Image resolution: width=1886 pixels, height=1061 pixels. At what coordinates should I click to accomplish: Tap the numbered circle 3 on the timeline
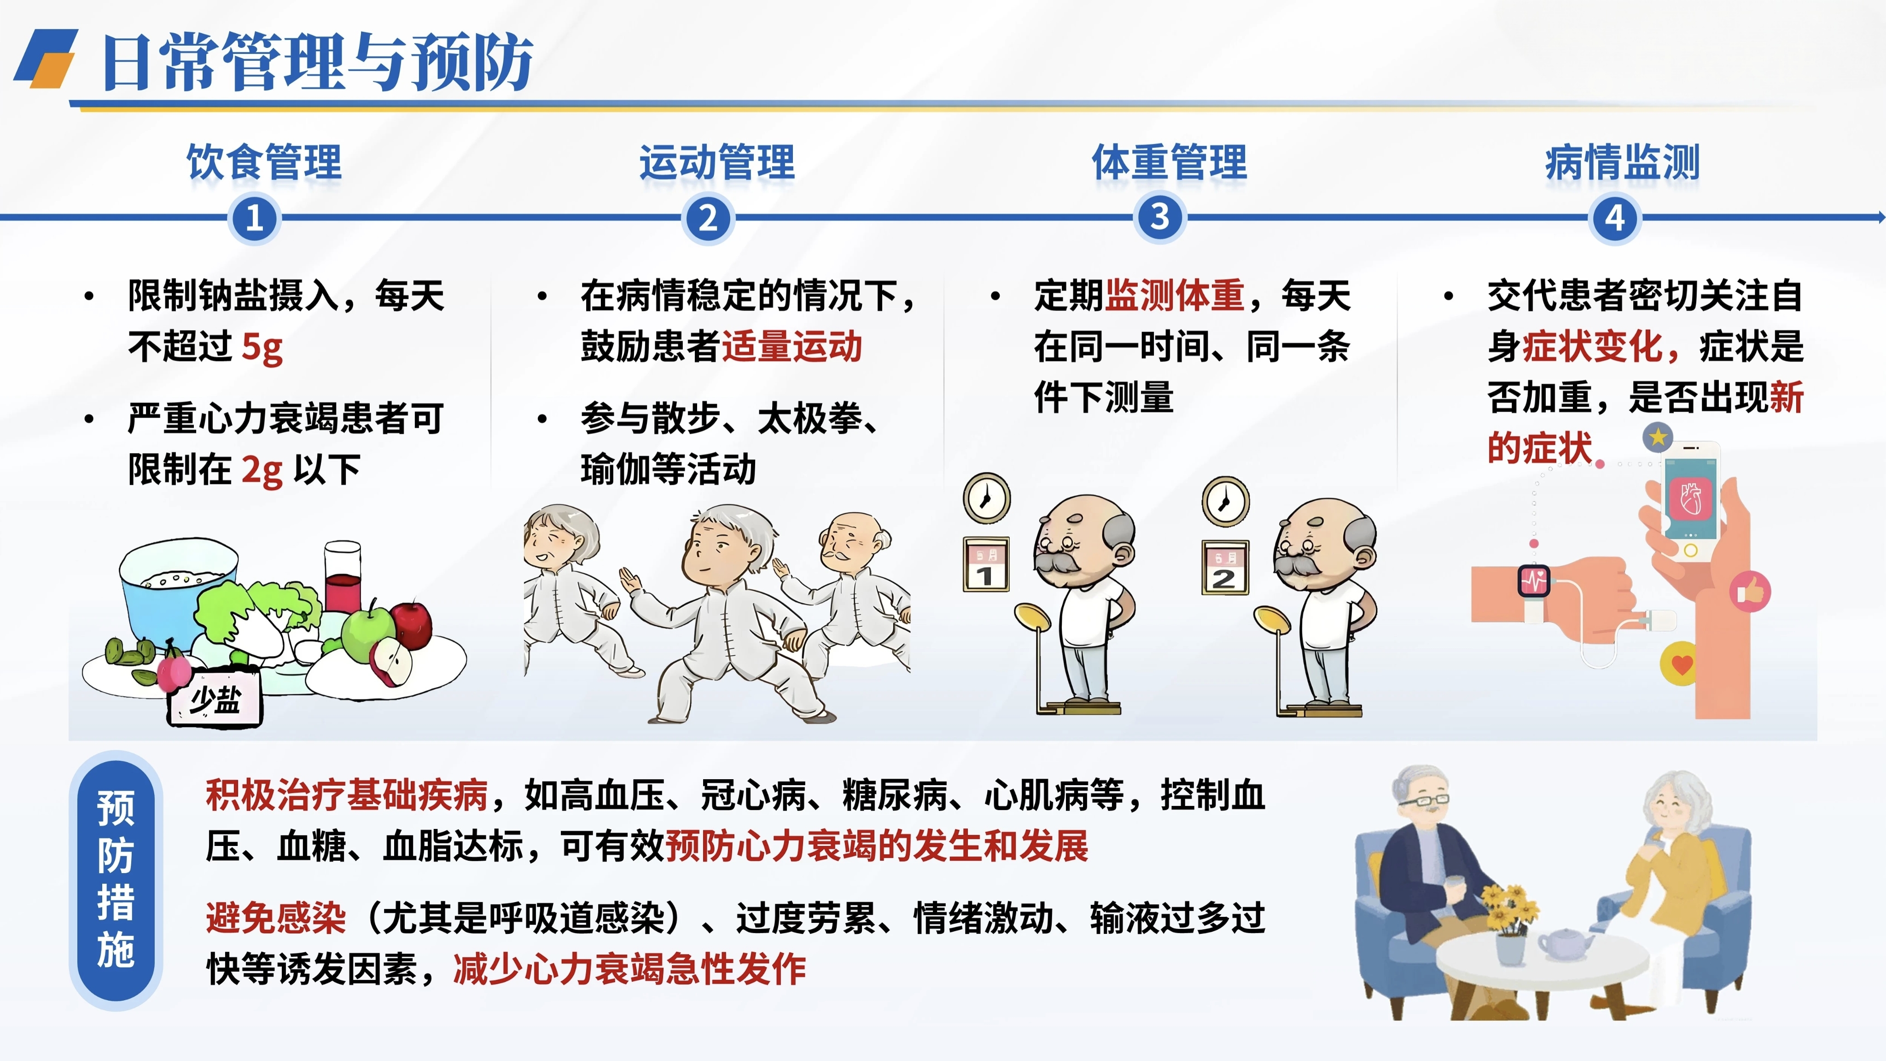click(1160, 217)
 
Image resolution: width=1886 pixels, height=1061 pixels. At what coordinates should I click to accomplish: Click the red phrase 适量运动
click(792, 346)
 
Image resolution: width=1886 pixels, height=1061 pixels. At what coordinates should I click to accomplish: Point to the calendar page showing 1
click(986, 565)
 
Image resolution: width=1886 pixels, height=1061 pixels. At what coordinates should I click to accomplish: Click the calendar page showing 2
click(1225, 567)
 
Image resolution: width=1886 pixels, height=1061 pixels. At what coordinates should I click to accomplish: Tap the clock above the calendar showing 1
click(986, 498)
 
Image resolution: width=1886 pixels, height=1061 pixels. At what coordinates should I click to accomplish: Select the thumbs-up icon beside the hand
click(1750, 592)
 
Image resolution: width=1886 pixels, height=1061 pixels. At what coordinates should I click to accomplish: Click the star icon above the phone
click(1658, 438)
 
